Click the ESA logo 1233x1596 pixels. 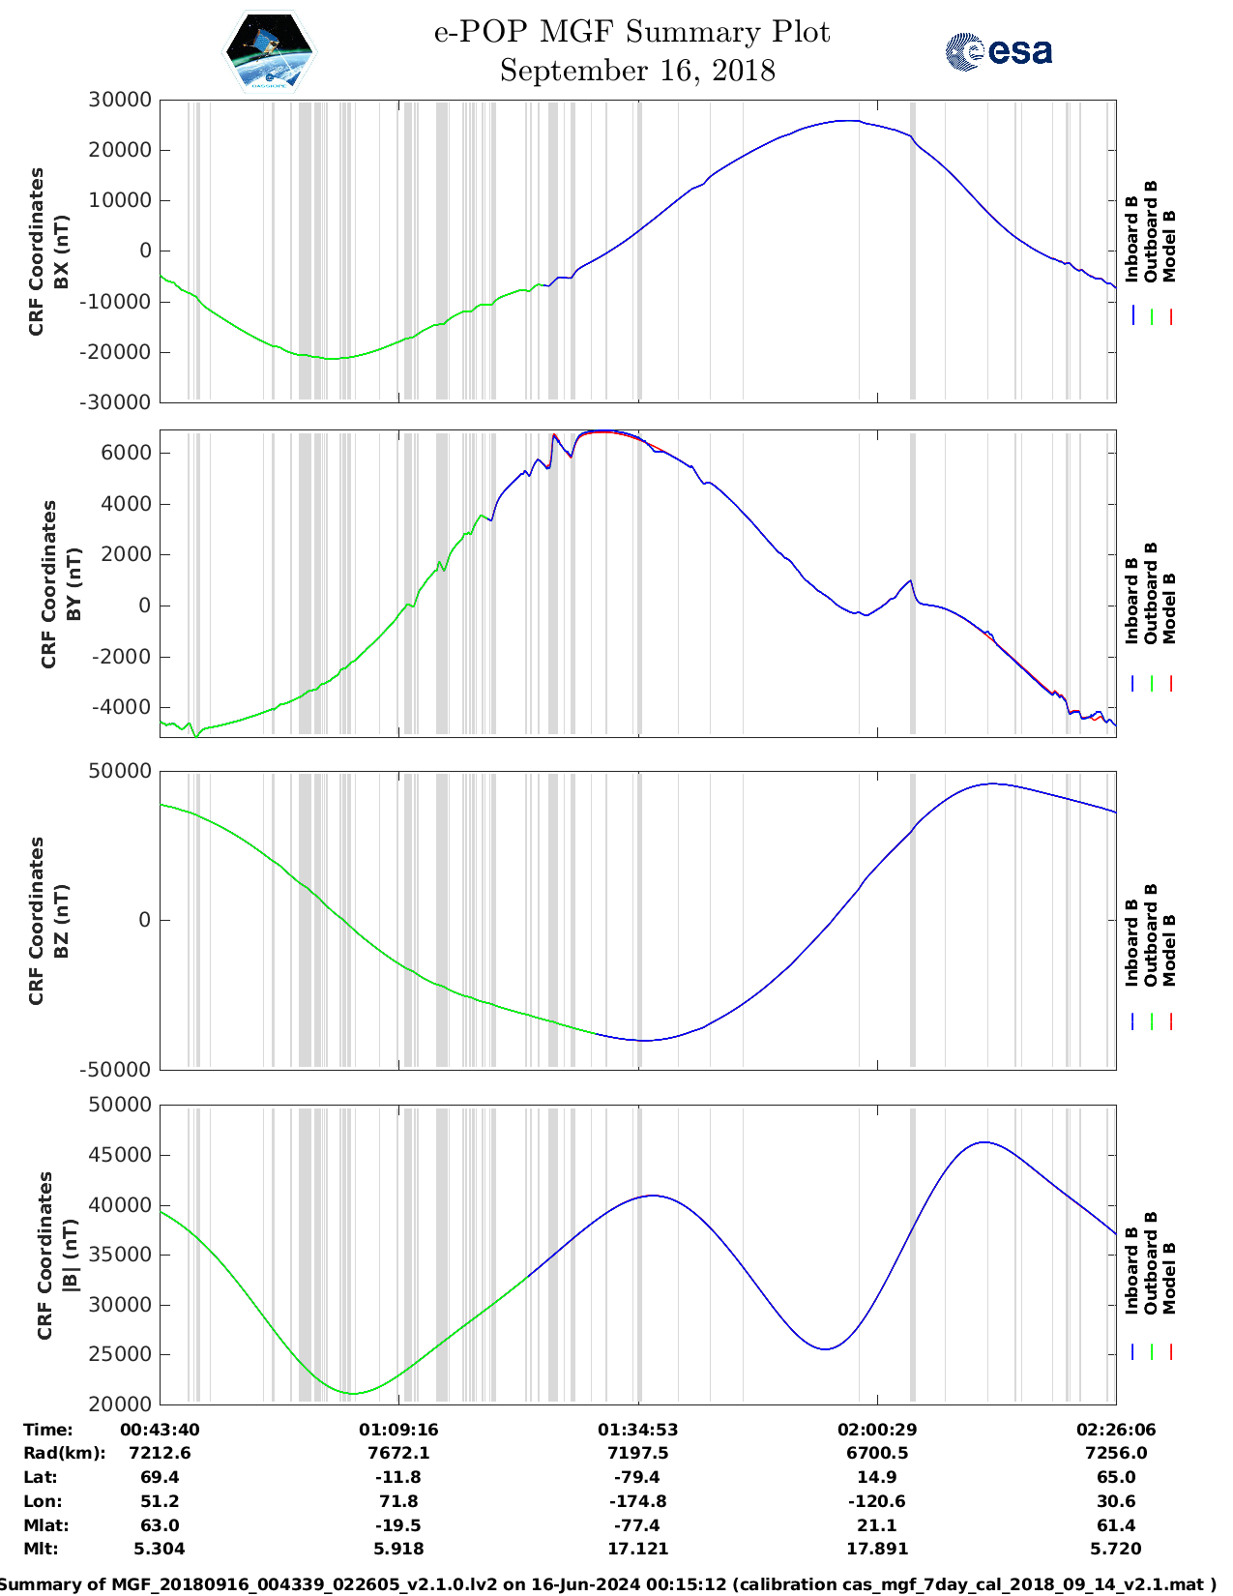[x=998, y=51]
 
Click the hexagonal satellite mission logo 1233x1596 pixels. [x=270, y=51]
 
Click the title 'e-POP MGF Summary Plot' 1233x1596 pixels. [x=631, y=32]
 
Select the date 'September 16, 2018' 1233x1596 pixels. [x=637, y=71]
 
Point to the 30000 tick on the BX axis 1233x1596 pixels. [x=120, y=100]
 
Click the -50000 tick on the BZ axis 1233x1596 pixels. [x=115, y=1070]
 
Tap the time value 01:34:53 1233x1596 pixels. [x=637, y=1430]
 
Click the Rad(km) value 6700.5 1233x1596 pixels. [x=876, y=1453]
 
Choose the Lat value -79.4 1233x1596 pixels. [x=637, y=1477]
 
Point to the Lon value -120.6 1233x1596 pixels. [x=876, y=1501]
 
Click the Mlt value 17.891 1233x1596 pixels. [x=876, y=1549]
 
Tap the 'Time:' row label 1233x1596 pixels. [x=48, y=1430]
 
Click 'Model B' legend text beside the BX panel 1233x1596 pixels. [x=1169, y=246]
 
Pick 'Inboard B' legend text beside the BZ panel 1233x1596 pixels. [x=1131, y=943]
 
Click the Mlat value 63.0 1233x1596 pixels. [x=160, y=1525]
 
